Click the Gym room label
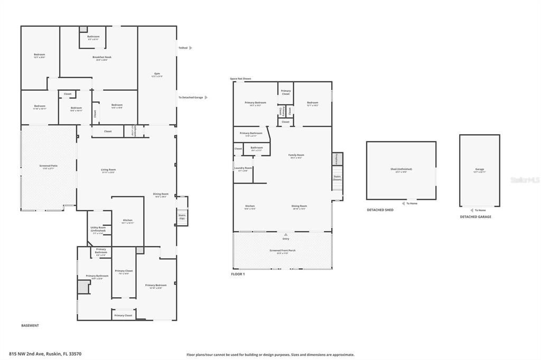[157, 74]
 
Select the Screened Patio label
[49, 167]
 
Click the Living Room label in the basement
[108, 170]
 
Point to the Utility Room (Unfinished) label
[98, 229]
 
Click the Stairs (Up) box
[182, 216]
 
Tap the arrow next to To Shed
[191, 48]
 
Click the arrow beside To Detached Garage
[206, 98]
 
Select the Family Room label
[296, 156]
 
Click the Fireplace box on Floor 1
[337, 158]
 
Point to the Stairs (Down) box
[337, 178]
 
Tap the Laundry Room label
[243, 169]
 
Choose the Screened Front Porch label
[282, 251]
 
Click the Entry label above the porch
[286, 239]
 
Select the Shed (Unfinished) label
[401, 170]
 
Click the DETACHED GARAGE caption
[475, 216]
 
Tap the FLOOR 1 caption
[238, 274]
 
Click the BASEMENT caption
[30, 326]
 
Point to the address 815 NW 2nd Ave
[45, 354]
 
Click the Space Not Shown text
[240, 79]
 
